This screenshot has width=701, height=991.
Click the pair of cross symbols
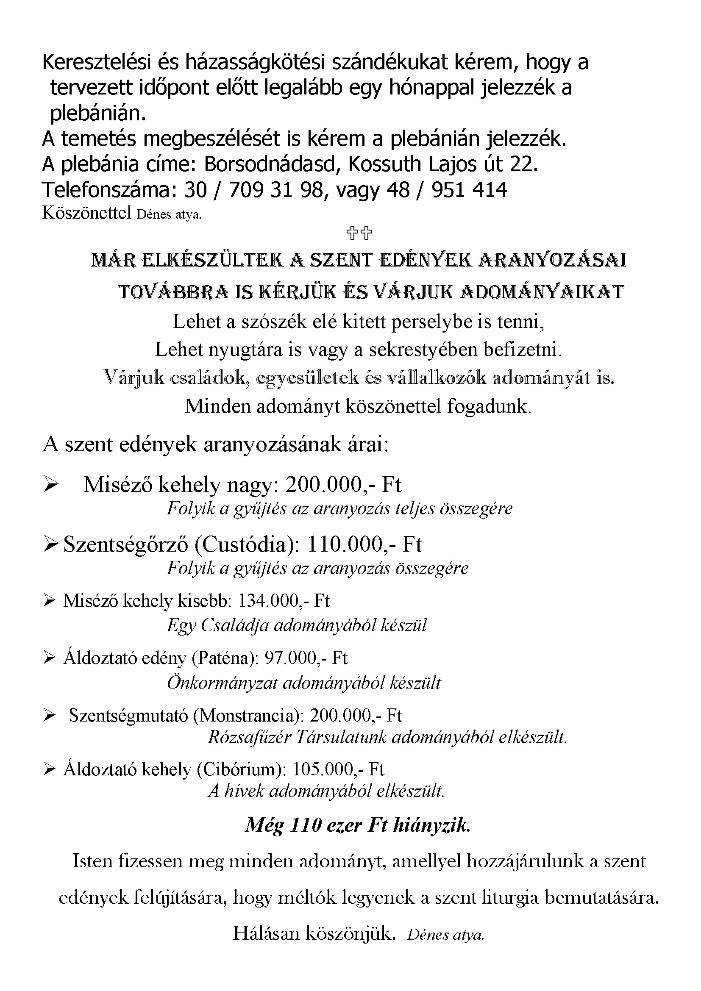click(x=359, y=233)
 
